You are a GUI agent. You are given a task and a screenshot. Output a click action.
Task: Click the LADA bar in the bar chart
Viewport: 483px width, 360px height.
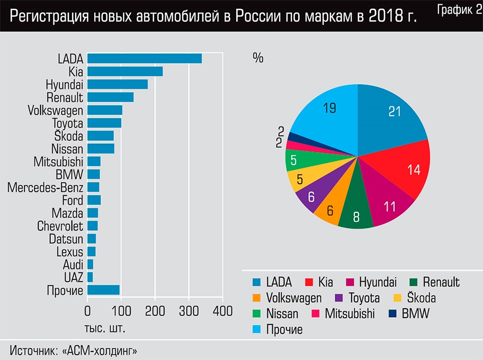point(145,59)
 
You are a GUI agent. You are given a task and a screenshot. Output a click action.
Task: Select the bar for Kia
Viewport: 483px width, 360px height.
point(125,71)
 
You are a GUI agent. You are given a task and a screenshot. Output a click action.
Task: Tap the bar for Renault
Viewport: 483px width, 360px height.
point(111,97)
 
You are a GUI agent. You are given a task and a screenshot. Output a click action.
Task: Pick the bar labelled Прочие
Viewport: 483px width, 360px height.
point(103,290)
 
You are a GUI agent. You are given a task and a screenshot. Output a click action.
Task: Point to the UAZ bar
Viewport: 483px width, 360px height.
point(90,277)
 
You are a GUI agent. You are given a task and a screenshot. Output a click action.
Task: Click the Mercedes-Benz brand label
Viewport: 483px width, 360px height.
point(46,187)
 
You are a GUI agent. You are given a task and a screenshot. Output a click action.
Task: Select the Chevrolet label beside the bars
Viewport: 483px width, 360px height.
point(60,226)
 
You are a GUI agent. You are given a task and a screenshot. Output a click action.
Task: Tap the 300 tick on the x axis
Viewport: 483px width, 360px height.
point(189,311)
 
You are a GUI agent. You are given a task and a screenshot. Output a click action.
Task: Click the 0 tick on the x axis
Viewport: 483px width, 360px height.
point(87,311)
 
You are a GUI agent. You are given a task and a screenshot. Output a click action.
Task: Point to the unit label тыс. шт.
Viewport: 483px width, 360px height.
point(105,328)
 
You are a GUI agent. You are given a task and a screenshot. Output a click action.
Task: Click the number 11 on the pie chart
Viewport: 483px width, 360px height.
point(390,207)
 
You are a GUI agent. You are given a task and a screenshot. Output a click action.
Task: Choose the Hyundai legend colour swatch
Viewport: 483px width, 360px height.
point(350,282)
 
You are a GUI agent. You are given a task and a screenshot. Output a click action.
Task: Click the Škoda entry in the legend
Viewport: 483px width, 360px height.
point(415,298)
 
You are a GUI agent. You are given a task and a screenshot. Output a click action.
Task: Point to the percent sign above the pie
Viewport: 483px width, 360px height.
point(258,58)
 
